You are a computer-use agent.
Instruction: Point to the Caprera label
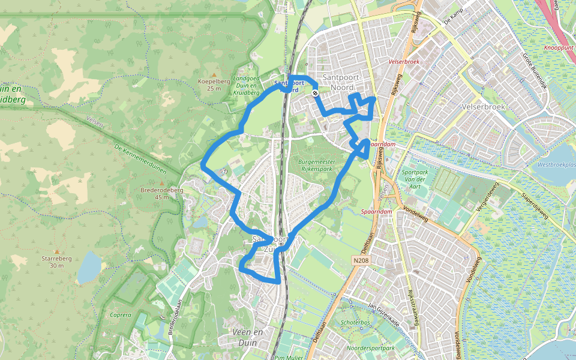121,314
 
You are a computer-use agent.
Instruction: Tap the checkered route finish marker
315,93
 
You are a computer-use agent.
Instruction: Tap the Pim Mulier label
289,357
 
